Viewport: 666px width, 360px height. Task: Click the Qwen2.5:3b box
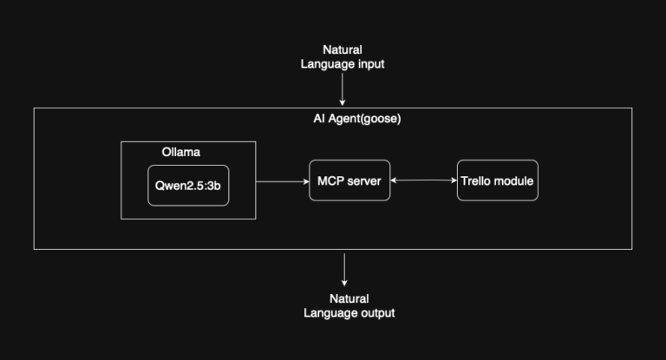(x=188, y=185)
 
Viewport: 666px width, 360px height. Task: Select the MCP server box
(x=349, y=180)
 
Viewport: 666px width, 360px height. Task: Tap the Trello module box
(x=497, y=180)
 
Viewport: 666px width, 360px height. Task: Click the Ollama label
(x=180, y=152)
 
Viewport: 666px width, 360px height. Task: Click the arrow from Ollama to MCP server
(x=282, y=181)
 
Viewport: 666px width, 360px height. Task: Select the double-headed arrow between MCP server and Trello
(x=424, y=180)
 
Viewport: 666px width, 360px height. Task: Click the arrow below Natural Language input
(x=343, y=88)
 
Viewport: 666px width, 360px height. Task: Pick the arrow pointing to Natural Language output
(x=344, y=270)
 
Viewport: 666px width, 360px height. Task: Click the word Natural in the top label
(x=343, y=50)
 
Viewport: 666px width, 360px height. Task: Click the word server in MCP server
(x=366, y=180)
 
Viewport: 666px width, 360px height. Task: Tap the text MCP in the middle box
(x=330, y=180)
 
